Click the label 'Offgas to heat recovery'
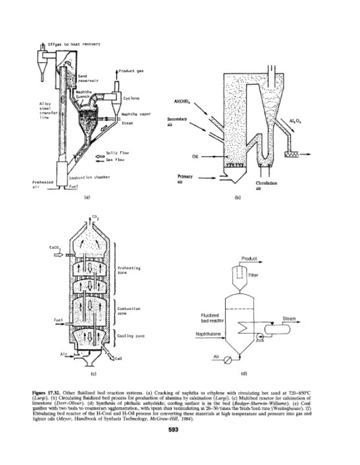[x=70, y=45]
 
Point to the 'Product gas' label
[x=131, y=71]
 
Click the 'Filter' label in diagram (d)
[x=252, y=276]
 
